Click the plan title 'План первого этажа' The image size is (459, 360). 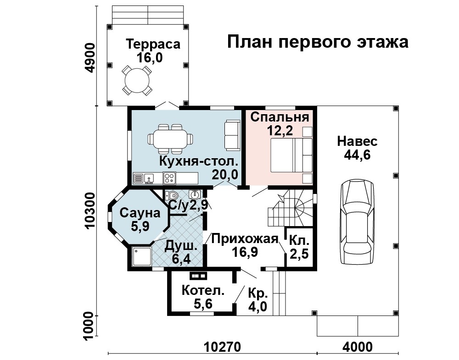coord(318,42)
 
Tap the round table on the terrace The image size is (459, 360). coord(137,80)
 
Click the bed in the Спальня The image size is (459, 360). coord(291,155)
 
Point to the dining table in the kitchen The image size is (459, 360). coord(170,139)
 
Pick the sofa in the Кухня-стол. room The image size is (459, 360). coord(232,135)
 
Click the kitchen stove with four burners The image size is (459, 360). coord(169,178)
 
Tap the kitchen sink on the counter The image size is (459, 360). coord(149,178)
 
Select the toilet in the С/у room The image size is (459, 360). coord(171,195)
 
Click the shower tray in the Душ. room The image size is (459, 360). coord(142,257)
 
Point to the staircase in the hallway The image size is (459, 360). coord(290,208)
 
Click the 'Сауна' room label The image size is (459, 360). coord(140,213)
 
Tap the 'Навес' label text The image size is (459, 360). coord(357,141)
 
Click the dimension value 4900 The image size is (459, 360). coord(90,58)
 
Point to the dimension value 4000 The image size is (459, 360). coord(358,347)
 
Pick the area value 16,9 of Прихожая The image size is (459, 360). coord(245,252)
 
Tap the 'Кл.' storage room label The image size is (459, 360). coord(299,241)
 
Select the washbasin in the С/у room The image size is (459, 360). coord(195,194)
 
